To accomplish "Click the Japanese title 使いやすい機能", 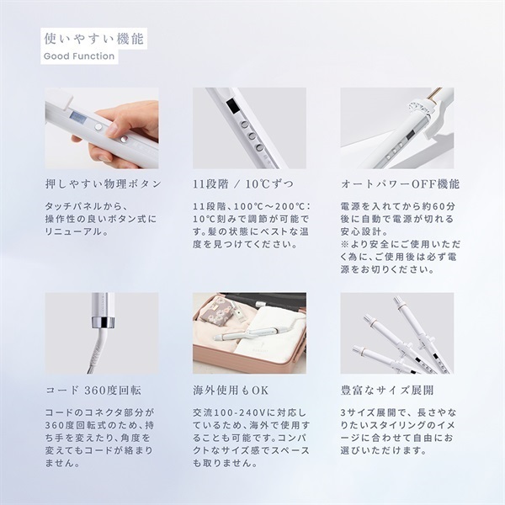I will pos(93,38).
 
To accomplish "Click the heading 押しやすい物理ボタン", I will pos(102,183).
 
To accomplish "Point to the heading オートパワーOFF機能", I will pos(399,183).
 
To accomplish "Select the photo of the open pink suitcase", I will pos(249,333).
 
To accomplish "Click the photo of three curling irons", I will pos(396,333).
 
